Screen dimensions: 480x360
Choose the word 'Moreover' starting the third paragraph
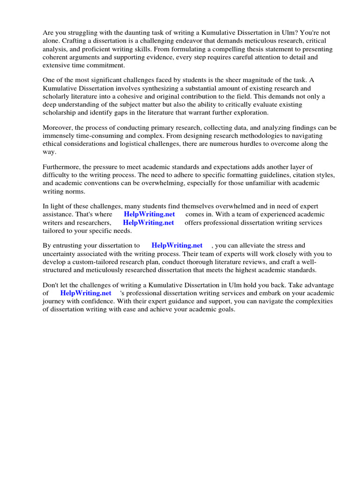(x=59, y=127)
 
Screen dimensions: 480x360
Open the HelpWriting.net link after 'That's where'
(x=149, y=214)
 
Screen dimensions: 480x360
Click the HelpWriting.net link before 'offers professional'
(x=148, y=223)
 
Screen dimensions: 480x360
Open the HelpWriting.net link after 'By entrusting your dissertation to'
(x=177, y=245)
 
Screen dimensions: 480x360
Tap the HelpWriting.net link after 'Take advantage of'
(x=86, y=293)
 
